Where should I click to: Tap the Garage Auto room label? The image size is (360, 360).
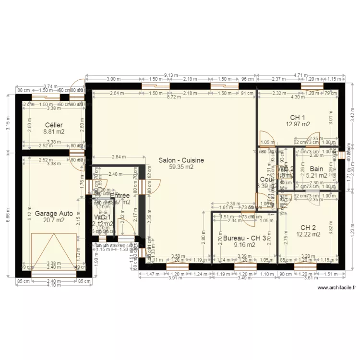point(53,213)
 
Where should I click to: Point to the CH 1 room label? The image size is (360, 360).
point(298,117)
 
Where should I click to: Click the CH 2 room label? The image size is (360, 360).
point(308,228)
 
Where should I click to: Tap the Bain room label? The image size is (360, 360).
point(316,169)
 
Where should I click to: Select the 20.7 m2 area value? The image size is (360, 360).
point(53,220)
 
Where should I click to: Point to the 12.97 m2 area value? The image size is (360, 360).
point(298,124)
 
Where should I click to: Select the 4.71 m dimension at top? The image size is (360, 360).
point(300,75)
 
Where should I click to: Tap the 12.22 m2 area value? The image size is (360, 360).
point(309,234)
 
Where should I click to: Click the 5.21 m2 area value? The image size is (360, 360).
point(316,176)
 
